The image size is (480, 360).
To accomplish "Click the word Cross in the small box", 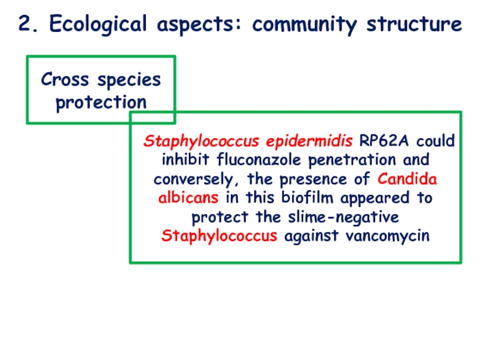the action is (x=63, y=79).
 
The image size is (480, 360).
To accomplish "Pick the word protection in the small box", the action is (x=101, y=102).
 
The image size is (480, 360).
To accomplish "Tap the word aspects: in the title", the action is (x=200, y=25).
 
